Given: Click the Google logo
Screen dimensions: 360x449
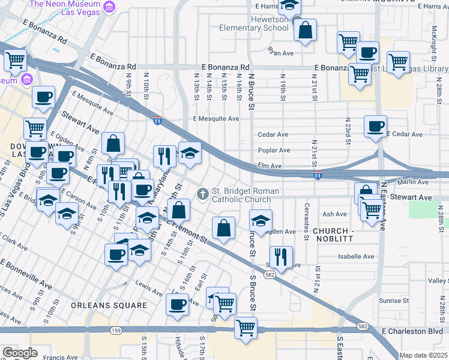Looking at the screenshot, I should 20,353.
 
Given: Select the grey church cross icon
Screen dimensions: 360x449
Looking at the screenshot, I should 203,193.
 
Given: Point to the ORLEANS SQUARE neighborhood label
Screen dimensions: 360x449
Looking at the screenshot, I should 109,305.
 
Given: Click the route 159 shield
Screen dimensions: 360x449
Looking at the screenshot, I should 116,331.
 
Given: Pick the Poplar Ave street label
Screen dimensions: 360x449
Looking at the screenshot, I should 274,151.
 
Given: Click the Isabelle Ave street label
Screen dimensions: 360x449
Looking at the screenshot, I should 356,256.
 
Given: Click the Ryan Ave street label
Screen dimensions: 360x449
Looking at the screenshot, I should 280,53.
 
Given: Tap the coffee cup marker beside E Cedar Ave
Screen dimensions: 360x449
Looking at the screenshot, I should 375,127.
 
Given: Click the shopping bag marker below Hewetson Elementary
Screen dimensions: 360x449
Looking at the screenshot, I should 305,31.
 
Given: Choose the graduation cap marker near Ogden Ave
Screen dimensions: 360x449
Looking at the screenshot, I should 260,221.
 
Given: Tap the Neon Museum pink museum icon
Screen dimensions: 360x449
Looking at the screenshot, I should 109,7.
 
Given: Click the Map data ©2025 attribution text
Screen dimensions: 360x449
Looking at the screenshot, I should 424,355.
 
